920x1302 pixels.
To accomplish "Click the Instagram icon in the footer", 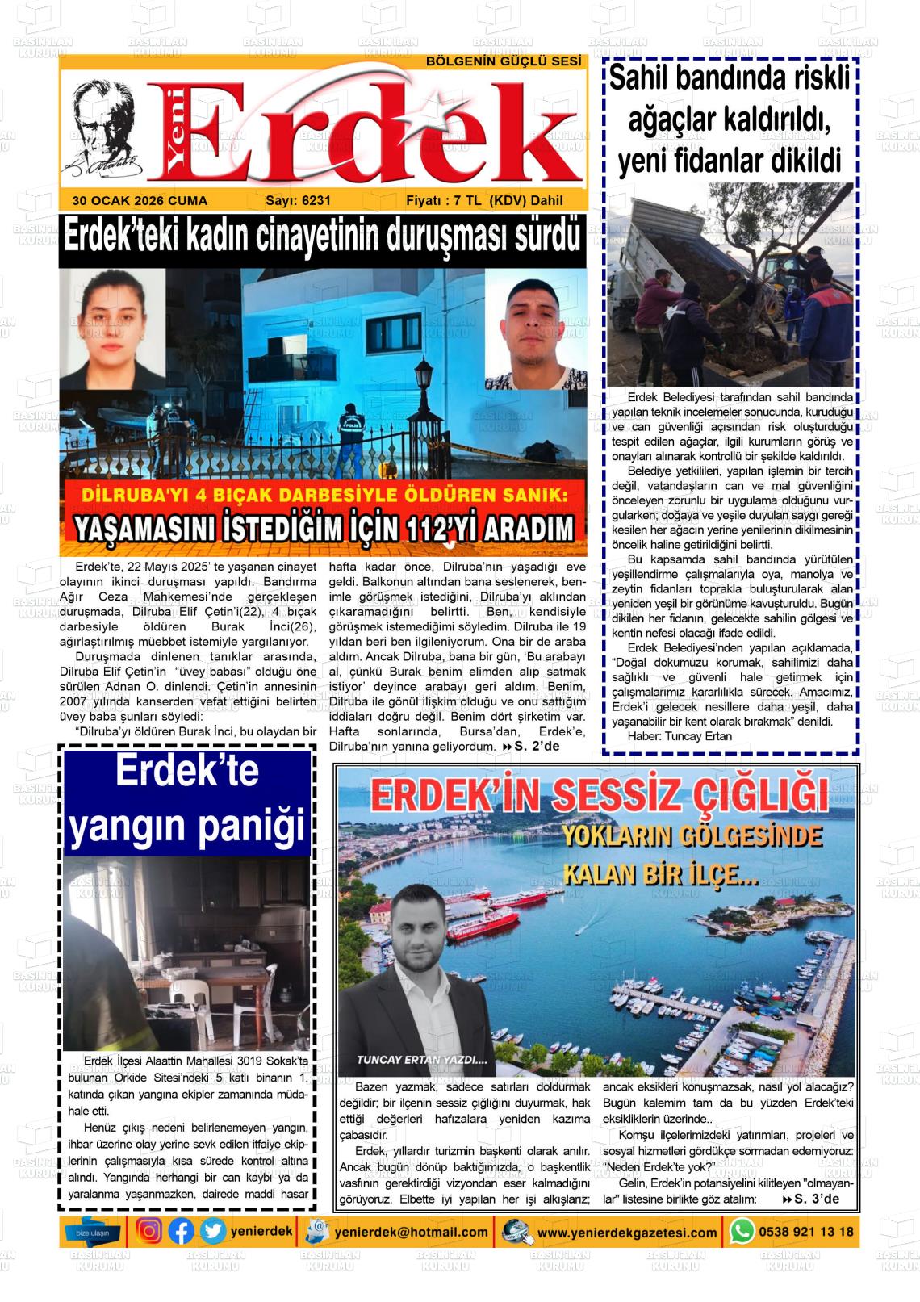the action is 149,1232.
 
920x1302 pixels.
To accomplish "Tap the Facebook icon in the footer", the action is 182,1232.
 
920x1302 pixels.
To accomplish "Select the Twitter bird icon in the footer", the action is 213,1232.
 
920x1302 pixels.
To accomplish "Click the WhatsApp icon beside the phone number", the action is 742,1232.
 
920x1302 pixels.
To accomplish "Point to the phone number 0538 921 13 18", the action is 805,1232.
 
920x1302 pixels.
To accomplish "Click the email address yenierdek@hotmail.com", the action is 412,1233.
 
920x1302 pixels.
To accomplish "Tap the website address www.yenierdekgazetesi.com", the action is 627,1233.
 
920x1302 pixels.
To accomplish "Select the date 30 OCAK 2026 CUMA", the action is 140,201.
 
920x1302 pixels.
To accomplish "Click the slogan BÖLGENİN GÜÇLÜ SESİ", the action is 504,62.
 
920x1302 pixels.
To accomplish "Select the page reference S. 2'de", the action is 536,746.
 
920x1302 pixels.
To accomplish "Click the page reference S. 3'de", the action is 815,1199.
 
